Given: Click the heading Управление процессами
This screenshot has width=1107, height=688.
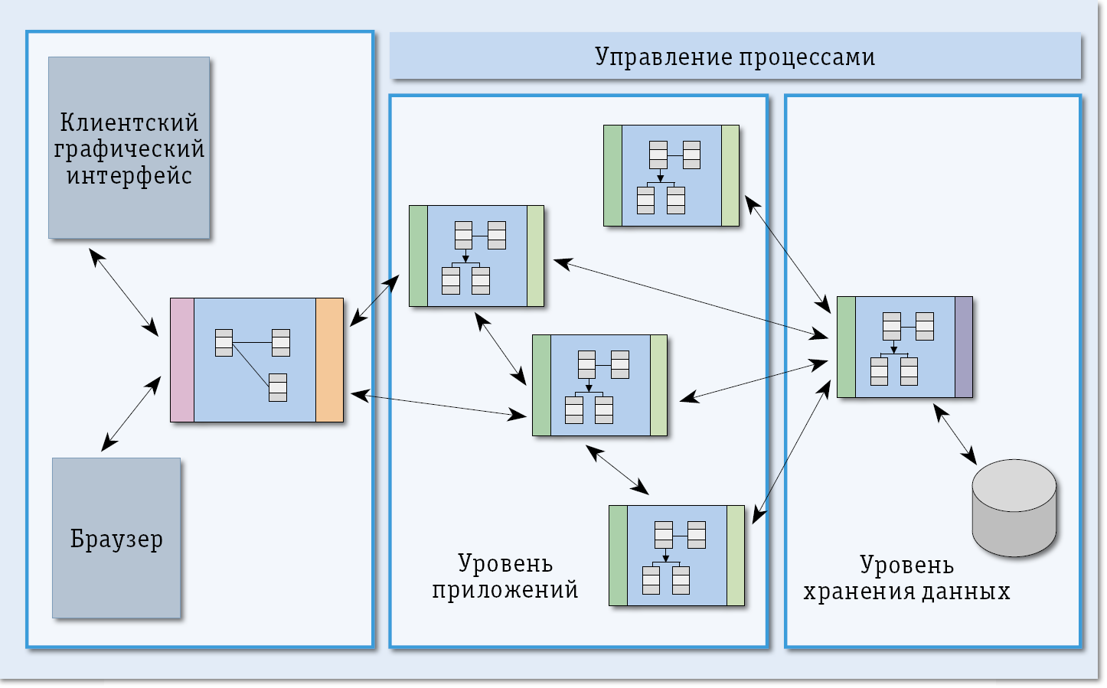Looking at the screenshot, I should click(x=735, y=57).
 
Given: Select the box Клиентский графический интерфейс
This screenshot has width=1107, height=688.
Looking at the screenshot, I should click(x=129, y=148).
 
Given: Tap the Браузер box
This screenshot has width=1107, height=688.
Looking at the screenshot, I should click(x=116, y=538).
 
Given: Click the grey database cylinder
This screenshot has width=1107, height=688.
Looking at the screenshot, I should click(x=1014, y=507).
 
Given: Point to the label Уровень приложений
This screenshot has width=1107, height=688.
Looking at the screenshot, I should click(x=505, y=576).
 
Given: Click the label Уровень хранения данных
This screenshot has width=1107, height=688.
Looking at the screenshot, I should click(x=906, y=578).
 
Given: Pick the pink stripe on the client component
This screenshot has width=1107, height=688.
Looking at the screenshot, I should click(x=182, y=360).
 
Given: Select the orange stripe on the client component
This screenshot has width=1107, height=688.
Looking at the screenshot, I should click(x=329, y=360).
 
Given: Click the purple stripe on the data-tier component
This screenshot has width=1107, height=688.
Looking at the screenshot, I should click(x=963, y=347).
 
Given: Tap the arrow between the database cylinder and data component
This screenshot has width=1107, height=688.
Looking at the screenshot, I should click(x=955, y=435).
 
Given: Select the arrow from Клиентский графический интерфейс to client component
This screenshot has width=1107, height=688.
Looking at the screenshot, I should click(x=123, y=292).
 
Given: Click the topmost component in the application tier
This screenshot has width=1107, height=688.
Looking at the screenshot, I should click(x=671, y=176).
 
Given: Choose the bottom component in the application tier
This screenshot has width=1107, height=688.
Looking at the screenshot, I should click(x=677, y=556).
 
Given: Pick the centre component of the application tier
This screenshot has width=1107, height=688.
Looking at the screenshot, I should click(x=599, y=385).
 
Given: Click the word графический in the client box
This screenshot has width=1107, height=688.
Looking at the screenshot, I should click(x=129, y=148).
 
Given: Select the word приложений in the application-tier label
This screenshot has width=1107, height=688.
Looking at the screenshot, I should click(x=505, y=590).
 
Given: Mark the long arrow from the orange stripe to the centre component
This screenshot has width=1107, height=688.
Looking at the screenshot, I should click(x=439, y=406).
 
